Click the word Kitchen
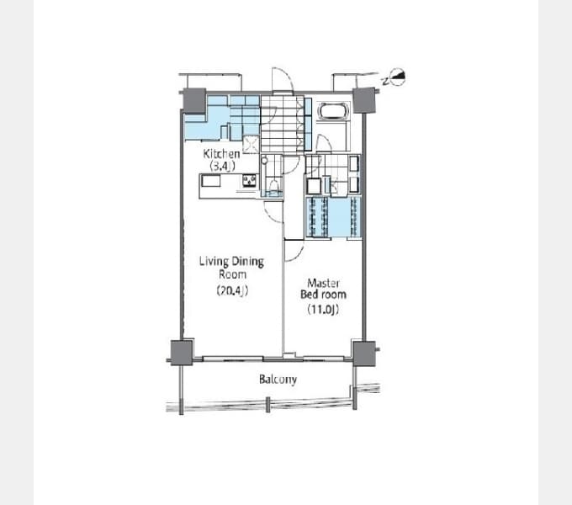click(x=221, y=154)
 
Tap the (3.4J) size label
click(x=222, y=166)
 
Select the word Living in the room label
click(x=214, y=262)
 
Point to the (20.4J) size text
click(x=232, y=290)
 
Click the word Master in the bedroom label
click(x=323, y=283)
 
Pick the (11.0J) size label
click(x=323, y=309)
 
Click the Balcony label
click(x=278, y=380)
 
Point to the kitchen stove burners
click(x=250, y=181)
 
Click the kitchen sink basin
click(x=211, y=181)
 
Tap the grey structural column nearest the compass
click(x=363, y=101)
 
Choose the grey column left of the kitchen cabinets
click(x=194, y=100)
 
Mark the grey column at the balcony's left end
click(x=182, y=353)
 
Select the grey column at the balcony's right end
click(x=363, y=353)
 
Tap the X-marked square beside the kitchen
click(x=251, y=144)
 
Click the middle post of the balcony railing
click(x=267, y=405)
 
